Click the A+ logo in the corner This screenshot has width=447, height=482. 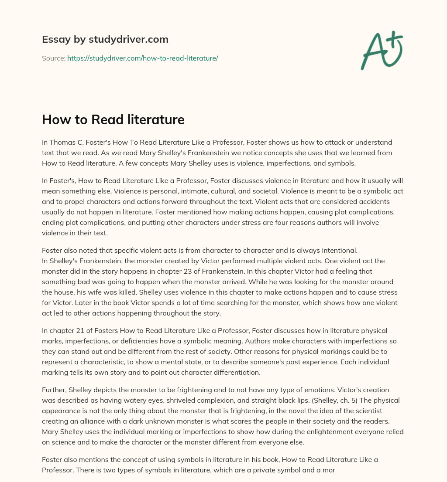tap(382, 51)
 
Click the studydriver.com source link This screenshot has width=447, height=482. tap(142, 58)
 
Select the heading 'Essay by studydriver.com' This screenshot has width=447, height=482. tap(105, 39)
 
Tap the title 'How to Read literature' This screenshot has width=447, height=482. tap(113, 119)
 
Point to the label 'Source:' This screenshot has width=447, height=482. tap(53, 58)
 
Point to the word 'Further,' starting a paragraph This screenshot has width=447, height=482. tap(54, 390)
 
